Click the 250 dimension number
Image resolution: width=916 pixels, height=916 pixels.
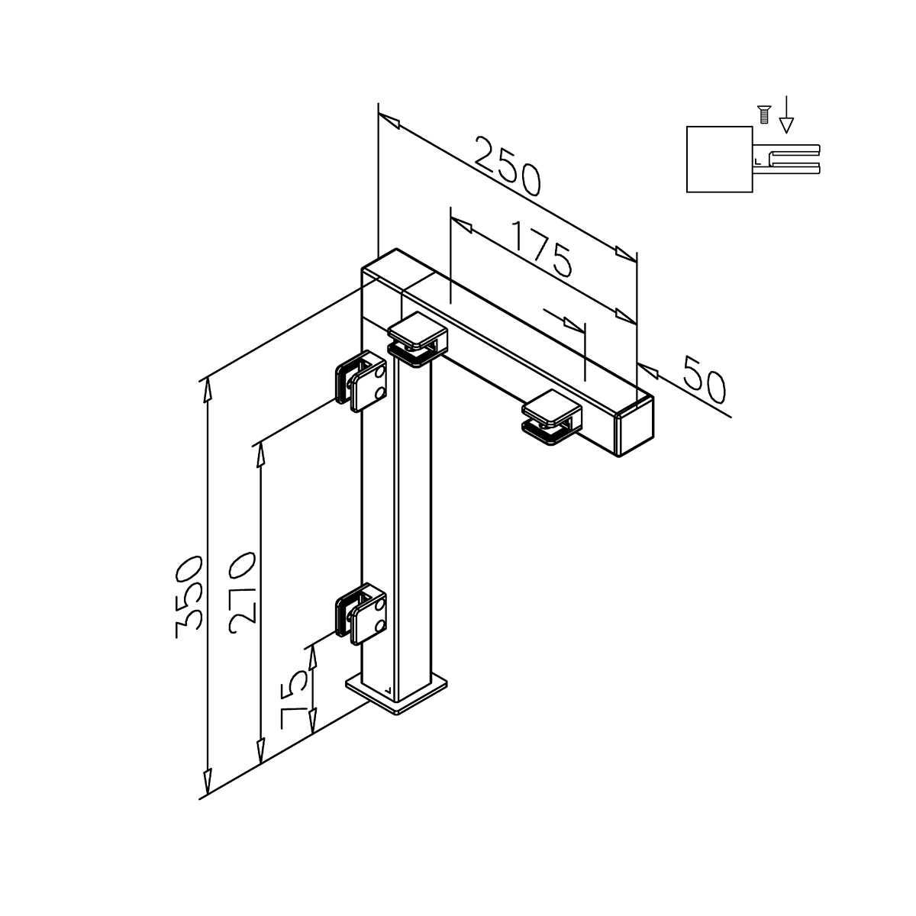tap(508, 166)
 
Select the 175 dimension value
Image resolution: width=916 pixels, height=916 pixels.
tap(543, 249)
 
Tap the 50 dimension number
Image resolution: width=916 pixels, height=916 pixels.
tap(705, 380)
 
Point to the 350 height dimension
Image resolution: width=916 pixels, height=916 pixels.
tap(189, 597)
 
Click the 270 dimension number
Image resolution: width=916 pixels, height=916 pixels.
tap(243, 593)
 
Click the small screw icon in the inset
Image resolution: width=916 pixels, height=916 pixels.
tap(764, 114)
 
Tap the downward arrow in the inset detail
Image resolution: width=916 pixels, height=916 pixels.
tap(787, 114)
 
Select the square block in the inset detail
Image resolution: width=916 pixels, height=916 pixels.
tap(719, 160)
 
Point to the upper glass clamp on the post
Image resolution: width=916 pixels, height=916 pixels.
tap(360, 381)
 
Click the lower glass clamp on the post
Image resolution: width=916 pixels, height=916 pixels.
tap(360, 614)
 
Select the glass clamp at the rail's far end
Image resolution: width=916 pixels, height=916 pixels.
tap(552, 417)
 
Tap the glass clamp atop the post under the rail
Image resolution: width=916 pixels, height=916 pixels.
tap(418, 340)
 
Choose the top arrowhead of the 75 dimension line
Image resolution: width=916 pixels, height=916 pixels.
tap(312, 657)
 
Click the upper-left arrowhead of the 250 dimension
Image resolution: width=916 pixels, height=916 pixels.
tap(389, 121)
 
